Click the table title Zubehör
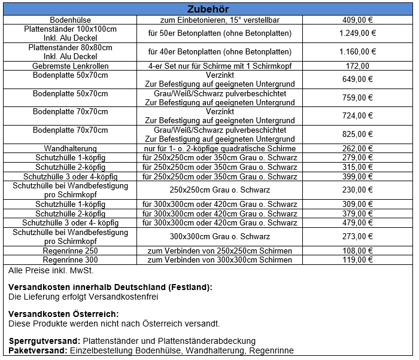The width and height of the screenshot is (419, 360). (208, 9)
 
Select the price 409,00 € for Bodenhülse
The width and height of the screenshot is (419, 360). (357, 20)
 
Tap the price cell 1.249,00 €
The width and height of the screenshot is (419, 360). (357, 33)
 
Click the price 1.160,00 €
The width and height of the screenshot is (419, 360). (357, 51)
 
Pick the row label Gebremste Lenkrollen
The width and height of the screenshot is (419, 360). (71, 66)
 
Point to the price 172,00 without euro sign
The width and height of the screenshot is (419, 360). (357, 66)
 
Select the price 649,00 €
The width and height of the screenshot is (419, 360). (357, 79)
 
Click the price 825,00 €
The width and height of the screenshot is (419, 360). (357, 134)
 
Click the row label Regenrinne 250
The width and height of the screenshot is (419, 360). (71, 251)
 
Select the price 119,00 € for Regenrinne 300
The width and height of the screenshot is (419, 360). (357, 260)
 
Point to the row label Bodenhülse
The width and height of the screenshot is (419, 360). (71, 20)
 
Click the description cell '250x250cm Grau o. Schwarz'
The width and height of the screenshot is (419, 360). (220, 190)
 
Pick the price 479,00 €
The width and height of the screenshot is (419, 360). (357, 223)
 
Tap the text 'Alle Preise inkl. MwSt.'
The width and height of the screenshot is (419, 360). (46, 271)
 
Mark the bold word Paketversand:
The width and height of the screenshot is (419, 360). (38, 350)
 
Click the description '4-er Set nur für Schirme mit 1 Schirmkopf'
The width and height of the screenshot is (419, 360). (220, 66)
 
